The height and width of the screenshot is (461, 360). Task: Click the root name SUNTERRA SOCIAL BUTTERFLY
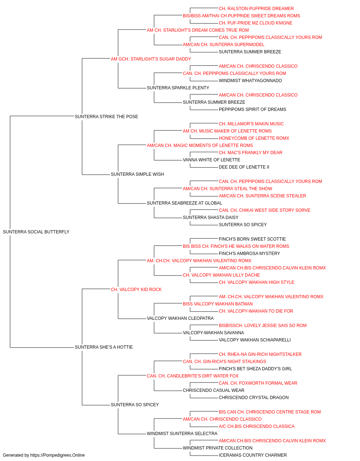click(x=36, y=232)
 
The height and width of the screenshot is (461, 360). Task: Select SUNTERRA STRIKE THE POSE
click(x=107, y=116)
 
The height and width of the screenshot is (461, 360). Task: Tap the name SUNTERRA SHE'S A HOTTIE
click(x=104, y=347)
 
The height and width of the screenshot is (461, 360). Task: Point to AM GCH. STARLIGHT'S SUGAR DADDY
click(x=151, y=59)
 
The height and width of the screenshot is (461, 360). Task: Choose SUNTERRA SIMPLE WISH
click(x=138, y=174)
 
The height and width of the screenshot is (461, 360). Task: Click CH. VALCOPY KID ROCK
click(x=136, y=289)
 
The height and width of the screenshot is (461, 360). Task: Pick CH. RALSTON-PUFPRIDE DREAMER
click(x=256, y=9)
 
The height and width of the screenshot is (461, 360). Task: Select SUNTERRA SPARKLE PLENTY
click(x=178, y=88)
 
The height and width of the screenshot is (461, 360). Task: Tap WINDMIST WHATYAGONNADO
click(x=251, y=80)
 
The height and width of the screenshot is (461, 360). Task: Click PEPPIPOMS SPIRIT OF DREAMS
click(x=252, y=109)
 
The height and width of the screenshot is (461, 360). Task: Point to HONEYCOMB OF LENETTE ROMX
click(x=254, y=138)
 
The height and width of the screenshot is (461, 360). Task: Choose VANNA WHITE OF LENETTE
click(x=212, y=160)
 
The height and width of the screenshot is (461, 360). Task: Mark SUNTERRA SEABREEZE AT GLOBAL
click(x=184, y=203)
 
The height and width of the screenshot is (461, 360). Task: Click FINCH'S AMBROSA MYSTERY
click(x=249, y=253)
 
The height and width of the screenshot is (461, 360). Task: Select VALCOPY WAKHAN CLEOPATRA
click(x=180, y=318)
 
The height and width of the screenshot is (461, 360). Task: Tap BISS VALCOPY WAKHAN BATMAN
click(x=218, y=304)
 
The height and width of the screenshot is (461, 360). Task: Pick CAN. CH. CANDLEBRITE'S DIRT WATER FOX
click(x=193, y=376)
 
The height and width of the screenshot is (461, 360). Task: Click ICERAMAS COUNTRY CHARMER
click(x=253, y=455)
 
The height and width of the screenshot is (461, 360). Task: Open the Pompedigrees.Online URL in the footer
click(x=58, y=455)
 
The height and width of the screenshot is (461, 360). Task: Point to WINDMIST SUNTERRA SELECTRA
click(x=182, y=433)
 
